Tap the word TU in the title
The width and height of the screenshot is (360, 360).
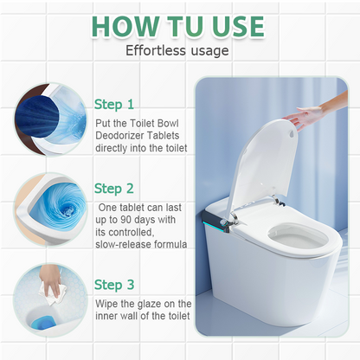click(190, 27)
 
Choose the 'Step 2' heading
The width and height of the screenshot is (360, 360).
click(114, 189)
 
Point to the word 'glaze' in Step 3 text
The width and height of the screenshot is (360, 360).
click(161, 303)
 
